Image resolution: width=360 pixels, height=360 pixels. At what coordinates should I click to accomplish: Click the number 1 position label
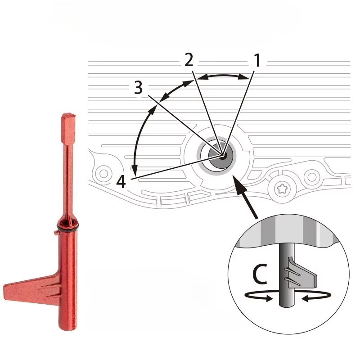pyautogui.click(x=257, y=60)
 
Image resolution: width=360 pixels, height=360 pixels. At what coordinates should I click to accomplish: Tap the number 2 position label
pyautogui.click(x=189, y=60)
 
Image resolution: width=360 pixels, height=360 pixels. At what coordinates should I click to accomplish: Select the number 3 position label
pyautogui.click(x=139, y=87)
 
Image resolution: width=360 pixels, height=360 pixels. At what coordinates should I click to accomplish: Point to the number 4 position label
pyautogui.click(x=121, y=182)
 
